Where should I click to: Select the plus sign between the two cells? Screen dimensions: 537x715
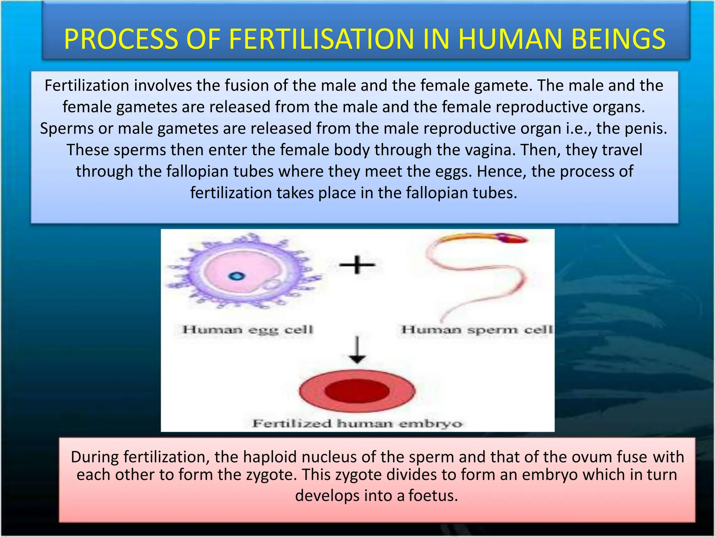[357, 265]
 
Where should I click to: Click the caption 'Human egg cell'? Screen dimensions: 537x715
[248, 330]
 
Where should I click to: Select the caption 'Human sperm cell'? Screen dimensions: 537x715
[477, 330]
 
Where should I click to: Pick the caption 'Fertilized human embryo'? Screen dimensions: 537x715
[357, 424]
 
